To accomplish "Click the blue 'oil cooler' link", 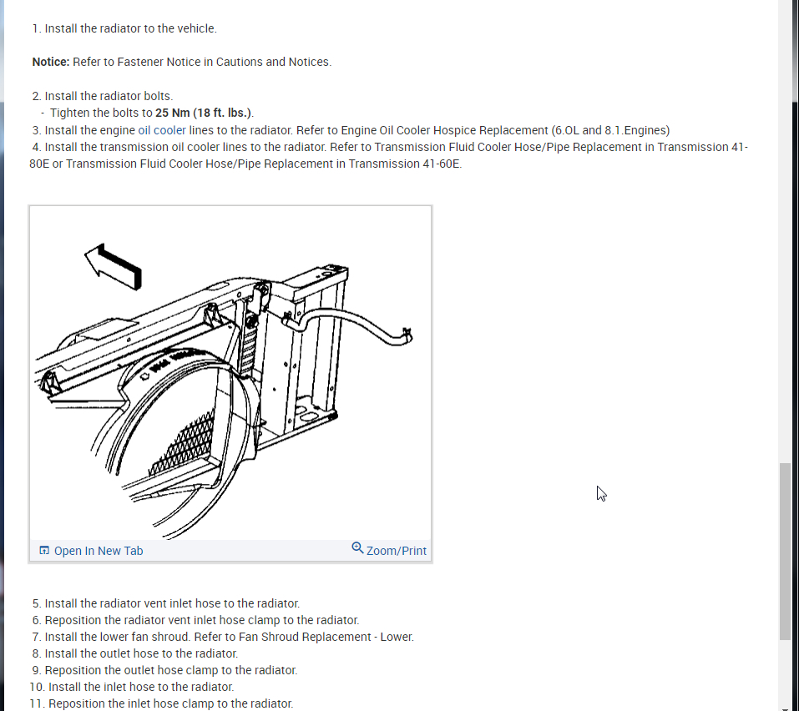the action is point(162,130).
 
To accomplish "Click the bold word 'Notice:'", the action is point(51,62).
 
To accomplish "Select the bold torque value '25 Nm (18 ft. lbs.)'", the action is point(204,113).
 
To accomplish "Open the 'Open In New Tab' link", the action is point(99,551).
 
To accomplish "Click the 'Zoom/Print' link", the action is point(396,551).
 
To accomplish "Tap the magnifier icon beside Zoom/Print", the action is point(357,548).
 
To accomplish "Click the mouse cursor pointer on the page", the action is point(601,493).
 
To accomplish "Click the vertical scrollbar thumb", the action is point(785,551).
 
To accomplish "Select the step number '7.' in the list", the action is point(37,637).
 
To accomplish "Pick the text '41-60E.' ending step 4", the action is point(441,164).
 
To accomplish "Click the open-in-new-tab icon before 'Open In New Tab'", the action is point(44,551).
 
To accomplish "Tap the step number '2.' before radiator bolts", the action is point(37,96).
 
